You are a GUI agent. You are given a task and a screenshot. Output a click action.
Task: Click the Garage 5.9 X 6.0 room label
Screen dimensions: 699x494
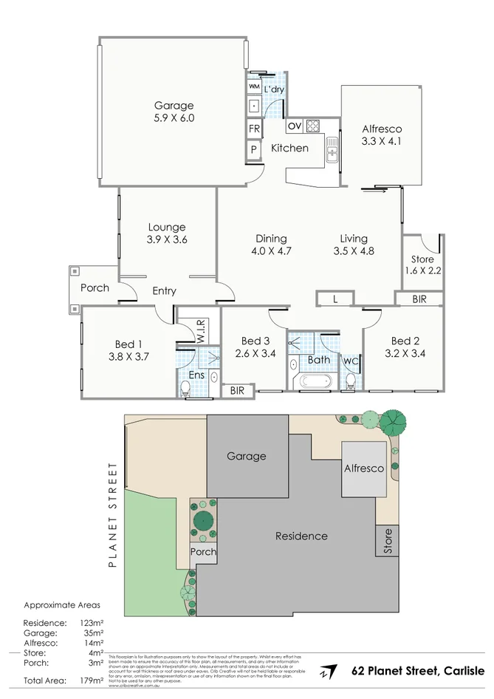tap(174, 112)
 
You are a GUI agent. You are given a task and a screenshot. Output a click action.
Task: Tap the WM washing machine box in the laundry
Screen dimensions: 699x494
tap(253, 87)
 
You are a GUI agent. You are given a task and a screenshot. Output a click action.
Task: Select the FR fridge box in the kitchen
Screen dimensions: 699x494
tap(254, 129)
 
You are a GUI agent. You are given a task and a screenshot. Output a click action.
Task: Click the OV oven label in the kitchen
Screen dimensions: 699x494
tap(294, 125)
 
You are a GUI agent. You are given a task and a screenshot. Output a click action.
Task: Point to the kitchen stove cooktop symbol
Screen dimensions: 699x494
tap(312, 125)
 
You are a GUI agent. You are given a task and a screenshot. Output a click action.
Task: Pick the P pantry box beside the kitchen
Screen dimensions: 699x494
tap(254, 149)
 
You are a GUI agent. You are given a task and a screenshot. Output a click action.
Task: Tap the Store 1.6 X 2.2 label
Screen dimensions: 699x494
tap(423, 265)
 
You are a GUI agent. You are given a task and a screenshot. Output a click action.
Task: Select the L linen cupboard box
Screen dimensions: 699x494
tap(335, 299)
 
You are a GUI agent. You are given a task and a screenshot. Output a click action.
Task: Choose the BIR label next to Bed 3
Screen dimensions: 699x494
tap(238, 390)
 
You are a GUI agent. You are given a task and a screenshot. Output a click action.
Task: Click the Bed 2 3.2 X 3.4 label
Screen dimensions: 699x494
tap(405, 347)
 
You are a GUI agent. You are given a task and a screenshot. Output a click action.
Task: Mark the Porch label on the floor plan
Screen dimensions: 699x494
tap(95, 288)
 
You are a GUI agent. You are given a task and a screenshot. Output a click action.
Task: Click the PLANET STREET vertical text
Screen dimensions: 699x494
tap(113, 515)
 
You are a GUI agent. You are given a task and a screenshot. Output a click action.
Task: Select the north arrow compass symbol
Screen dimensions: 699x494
tap(325, 672)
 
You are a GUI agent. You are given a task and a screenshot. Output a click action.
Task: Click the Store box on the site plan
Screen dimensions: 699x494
tap(387, 542)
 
